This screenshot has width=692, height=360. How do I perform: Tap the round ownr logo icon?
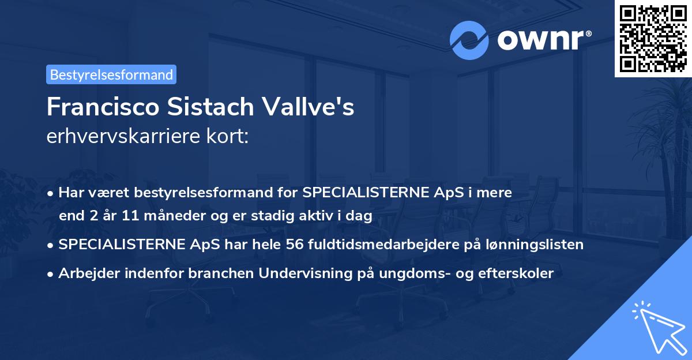469,40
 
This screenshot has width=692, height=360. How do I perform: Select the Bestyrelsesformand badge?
111,74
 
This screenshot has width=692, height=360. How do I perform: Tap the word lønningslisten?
535,245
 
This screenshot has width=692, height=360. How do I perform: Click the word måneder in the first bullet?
163,216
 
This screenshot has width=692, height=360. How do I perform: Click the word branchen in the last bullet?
222,273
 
